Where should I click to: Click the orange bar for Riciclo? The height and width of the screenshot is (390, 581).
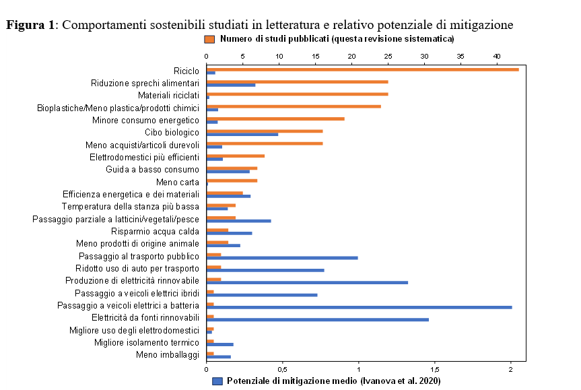coord(362,69)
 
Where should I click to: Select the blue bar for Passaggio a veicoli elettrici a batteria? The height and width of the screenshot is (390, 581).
coord(359,307)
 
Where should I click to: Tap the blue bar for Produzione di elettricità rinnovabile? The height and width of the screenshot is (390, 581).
coord(307,282)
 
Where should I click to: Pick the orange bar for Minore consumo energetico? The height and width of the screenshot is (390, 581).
coord(275,119)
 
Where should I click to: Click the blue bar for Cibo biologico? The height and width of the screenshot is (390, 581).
coord(242,134)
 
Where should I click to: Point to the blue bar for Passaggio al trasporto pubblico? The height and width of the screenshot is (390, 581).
coord(282,257)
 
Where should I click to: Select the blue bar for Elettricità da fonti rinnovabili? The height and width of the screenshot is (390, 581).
coord(317,319)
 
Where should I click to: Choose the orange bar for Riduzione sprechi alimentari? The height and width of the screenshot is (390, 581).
coord(297,82)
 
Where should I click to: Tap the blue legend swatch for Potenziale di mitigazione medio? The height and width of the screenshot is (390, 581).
coord(217,381)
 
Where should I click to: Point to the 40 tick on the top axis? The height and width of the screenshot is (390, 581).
coord(497,63)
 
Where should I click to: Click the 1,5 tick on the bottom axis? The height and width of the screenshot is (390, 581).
coord(435,362)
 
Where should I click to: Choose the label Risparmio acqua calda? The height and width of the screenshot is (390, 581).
coord(155,231)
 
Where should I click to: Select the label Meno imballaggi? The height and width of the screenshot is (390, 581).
coord(168,354)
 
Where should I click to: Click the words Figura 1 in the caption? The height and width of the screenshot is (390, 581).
coord(31,25)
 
